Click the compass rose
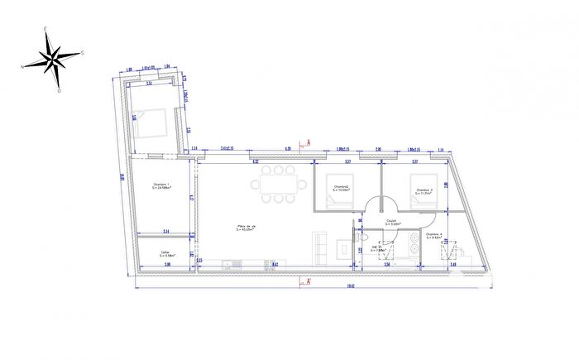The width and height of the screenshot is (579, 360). coord(52,58)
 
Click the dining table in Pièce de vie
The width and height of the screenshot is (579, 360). coord(279,184)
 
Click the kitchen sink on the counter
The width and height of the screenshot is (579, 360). coord(233,264)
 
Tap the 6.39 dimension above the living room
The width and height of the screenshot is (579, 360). coord(287,149)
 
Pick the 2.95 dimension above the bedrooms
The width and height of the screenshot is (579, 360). coord(378,149)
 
